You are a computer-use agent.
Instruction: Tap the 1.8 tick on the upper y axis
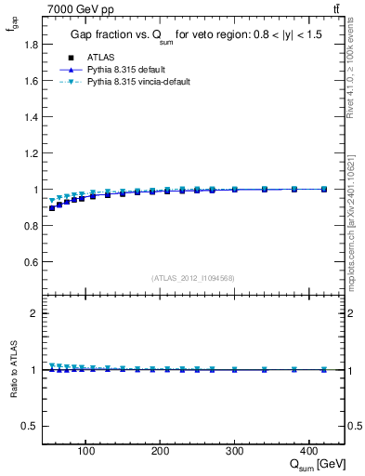click(x=32, y=44)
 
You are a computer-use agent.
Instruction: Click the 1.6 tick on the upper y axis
click(x=32, y=80)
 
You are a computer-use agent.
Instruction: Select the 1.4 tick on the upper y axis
click(x=32, y=116)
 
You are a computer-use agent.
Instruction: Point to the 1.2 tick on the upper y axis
click(x=32, y=152)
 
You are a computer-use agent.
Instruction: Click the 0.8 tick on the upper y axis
click(x=32, y=226)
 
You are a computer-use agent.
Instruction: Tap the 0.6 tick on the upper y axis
click(x=32, y=262)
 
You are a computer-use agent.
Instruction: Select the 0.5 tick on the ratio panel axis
click(x=32, y=426)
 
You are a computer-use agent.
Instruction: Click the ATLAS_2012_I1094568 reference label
click(x=192, y=277)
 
